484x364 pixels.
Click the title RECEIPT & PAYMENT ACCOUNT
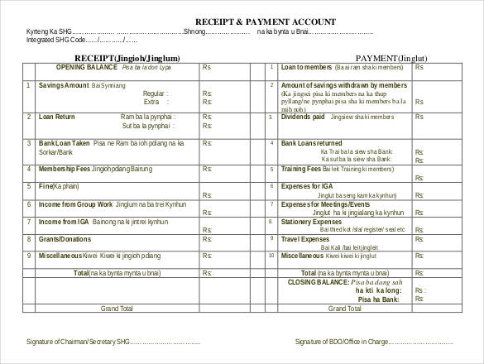click(x=253, y=20)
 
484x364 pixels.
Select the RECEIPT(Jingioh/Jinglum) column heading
click(x=127, y=58)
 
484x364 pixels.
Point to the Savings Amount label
click(x=64, y=85)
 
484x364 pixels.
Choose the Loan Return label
click(x=56, y=117)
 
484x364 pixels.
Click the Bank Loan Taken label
click(x=65, y=144)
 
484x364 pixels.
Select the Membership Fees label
click(x=65, y=168)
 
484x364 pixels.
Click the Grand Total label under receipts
click(x=116, y=308)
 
